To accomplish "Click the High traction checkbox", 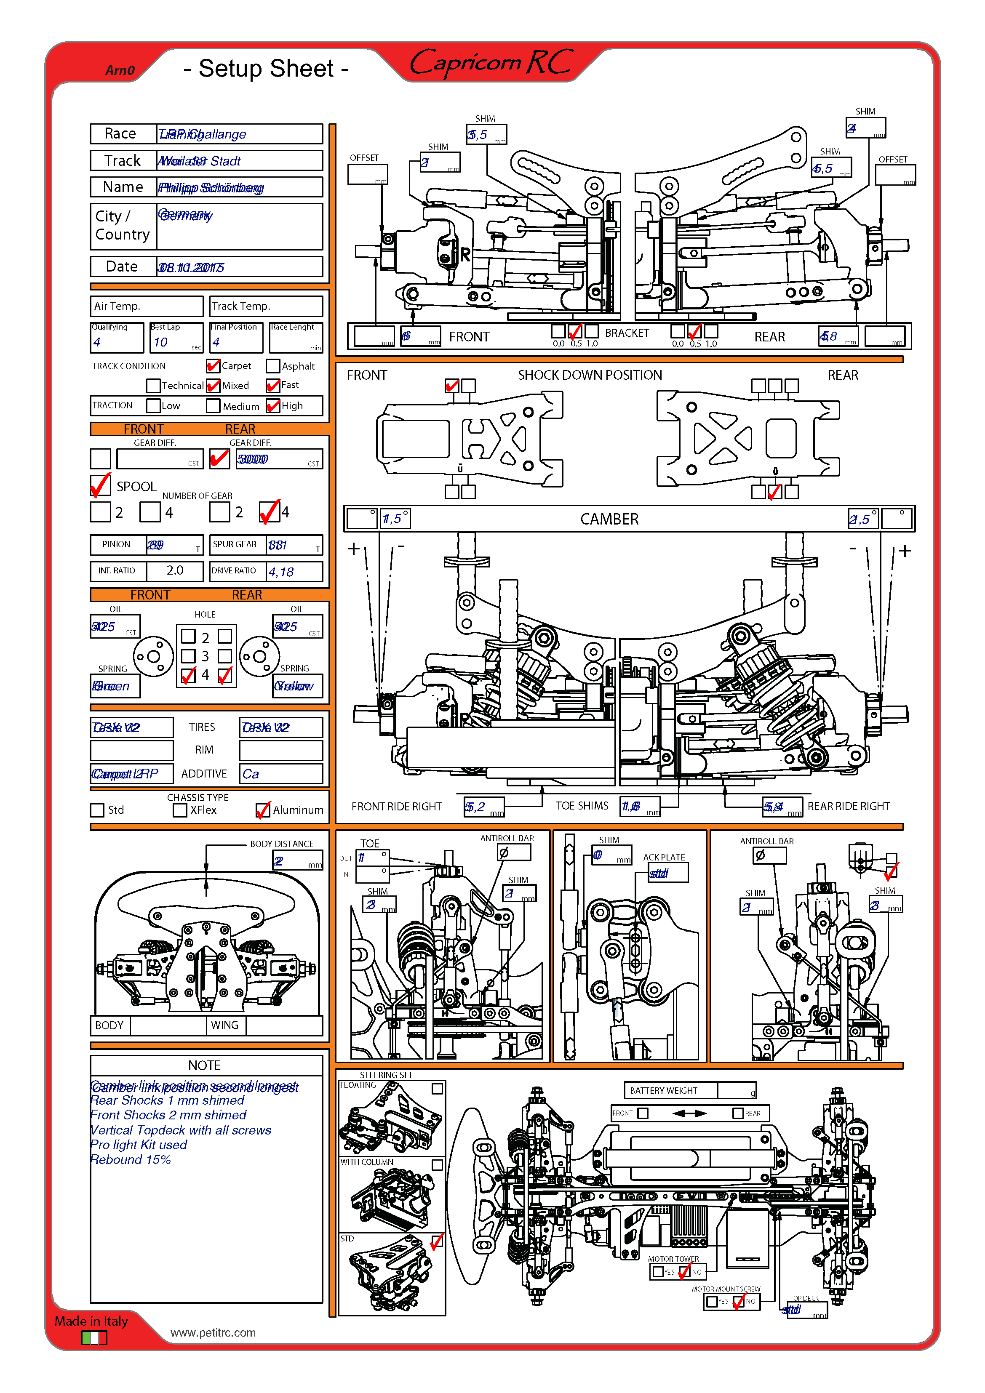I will point(273,405).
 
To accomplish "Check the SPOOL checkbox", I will point(100,486).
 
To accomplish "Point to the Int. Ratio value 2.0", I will point(175,570).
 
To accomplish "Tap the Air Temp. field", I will point(146,306).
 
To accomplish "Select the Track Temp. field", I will point(266,306).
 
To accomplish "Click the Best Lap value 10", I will point(161,342).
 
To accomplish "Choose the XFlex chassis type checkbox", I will point(180,810).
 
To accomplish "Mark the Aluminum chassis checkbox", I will point(263,810).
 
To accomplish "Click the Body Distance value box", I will point(297,861).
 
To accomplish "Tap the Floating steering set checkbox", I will point(437,1089).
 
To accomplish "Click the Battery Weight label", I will point(663,1090).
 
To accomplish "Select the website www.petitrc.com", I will point(213,1332).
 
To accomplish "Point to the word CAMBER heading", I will point(609,519).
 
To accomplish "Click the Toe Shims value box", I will point(640,806).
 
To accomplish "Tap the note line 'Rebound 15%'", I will point(131,1159).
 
